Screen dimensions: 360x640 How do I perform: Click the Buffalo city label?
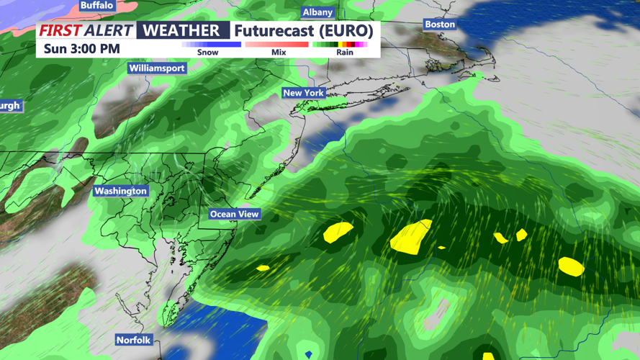(x=97, y=5)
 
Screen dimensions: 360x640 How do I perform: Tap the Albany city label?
(x=317, y=12)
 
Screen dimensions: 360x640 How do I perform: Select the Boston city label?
(x=439, y=24)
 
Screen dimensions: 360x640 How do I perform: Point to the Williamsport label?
(x=157, y=68)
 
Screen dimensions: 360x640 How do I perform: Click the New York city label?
(x=303, y=93)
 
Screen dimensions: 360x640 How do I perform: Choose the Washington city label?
(x=120, y=191)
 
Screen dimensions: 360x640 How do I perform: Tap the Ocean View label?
(x=234, y=214)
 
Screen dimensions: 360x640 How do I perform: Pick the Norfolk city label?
(x=133, y=339)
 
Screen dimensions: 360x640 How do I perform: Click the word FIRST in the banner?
(x=60, y=30)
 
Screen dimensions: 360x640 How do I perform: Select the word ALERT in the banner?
(x=108, y=30)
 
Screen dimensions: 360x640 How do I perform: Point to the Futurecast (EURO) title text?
(x=303, y=31)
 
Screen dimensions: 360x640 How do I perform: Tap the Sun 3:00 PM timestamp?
(x=81, y=49)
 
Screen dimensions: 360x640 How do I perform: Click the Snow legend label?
(x=207, y=53)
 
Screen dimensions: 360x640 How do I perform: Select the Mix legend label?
(x=279, y=53)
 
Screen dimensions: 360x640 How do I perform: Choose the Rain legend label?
(x=345, y=53)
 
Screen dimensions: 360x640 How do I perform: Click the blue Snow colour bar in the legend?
(x=212, y=45)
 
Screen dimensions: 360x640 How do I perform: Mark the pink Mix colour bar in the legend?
(x=277, y=45)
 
